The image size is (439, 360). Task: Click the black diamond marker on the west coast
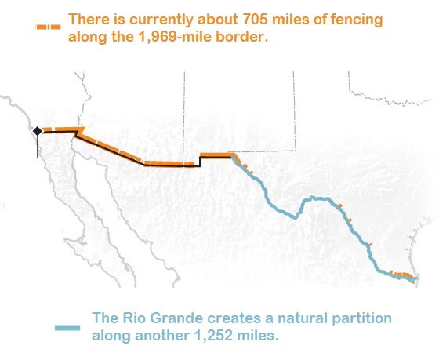(38, 131)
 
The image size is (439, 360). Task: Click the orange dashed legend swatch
(48, 27)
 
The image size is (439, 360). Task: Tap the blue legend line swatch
(67, 328)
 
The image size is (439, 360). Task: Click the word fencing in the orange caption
(357, 20)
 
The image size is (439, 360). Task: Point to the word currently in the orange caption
(161, 20)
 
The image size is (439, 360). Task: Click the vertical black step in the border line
(200, 161)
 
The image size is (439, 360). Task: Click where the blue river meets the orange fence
(233, 158)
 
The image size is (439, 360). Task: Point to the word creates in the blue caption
(237, 318)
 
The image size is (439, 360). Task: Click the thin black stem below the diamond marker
(38, 147)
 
